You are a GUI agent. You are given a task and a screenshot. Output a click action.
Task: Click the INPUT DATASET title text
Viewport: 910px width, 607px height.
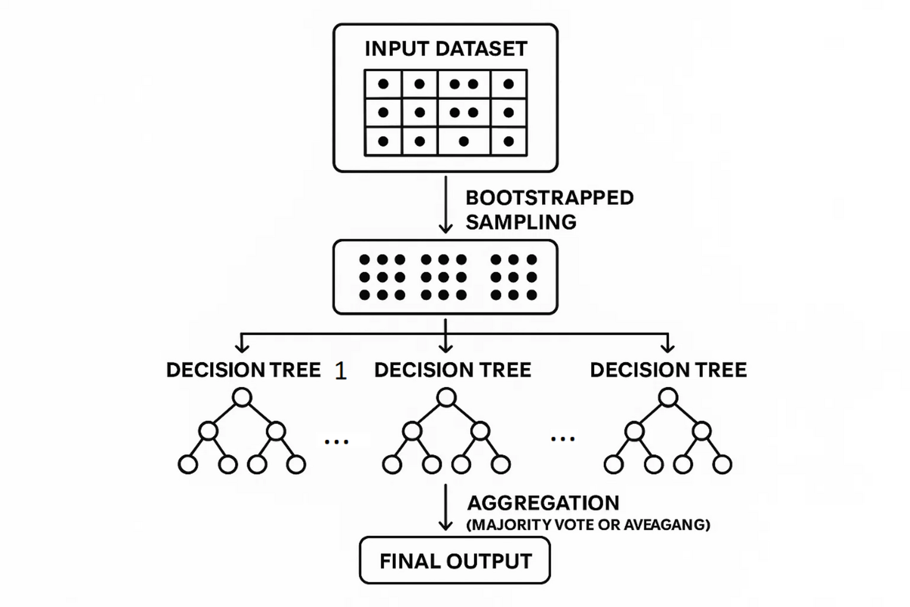[445, 49]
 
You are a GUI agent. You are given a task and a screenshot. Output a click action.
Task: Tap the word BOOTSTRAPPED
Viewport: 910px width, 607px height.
[549, 198]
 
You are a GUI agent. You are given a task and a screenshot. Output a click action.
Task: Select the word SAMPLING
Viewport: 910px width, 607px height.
[521, 222]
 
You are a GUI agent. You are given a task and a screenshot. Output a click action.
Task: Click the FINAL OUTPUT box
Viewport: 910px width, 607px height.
[455, 560]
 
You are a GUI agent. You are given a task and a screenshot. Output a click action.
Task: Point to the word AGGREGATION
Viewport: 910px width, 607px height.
[543, 503]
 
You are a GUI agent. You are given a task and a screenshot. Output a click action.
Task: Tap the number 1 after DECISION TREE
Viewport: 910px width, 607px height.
[340, 371]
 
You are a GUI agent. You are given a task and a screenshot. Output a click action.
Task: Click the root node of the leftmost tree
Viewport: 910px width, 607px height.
[242, 397]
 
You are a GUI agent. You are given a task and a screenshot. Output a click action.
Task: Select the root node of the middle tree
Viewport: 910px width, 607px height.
[447, 397]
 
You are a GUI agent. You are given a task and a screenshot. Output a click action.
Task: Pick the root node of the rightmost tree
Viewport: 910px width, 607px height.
[668, 397]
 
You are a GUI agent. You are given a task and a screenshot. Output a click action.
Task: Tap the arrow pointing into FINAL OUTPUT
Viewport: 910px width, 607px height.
[445, 508]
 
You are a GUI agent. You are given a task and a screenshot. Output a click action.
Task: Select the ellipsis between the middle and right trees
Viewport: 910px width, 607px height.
[562, 439]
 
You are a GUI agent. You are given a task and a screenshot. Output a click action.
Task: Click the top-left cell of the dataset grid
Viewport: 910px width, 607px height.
[383, 84]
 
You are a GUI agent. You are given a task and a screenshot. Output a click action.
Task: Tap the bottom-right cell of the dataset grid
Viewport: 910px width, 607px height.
[509, 142]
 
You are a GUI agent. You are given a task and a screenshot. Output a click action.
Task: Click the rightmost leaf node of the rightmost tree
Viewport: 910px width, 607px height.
[723, 464]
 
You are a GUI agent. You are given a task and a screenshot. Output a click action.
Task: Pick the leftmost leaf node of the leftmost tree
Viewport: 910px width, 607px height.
[188, 464]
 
